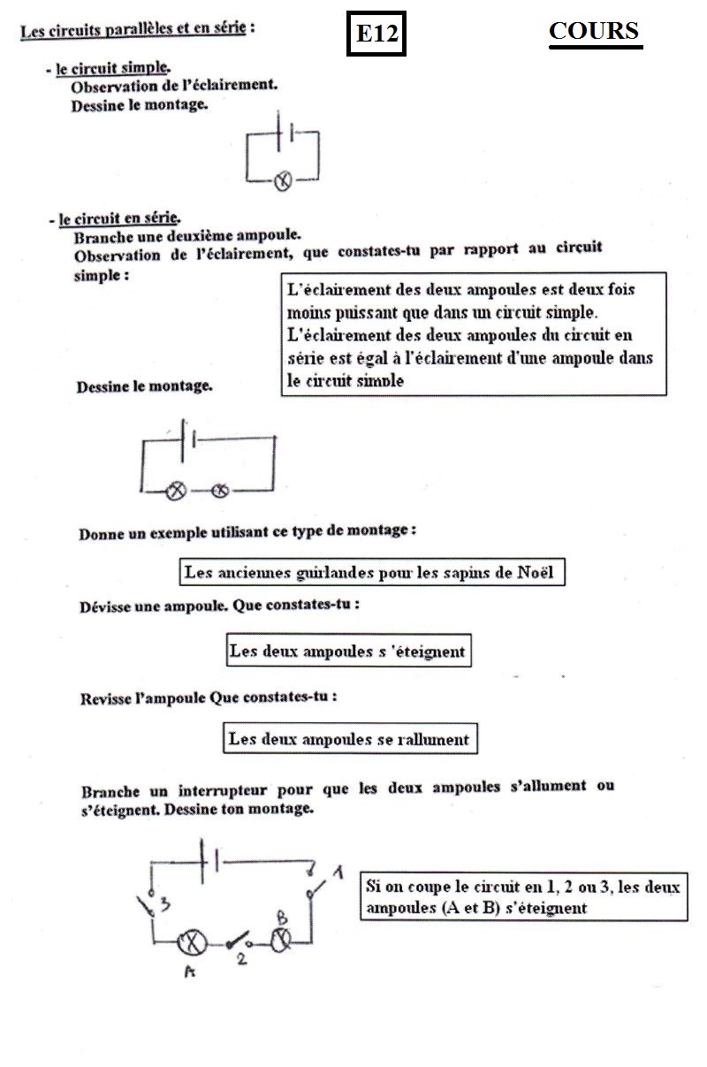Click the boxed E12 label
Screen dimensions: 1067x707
376,34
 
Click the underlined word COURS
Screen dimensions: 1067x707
594,31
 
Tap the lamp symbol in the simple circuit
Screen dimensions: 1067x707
282,182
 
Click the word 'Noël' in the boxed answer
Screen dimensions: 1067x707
533,572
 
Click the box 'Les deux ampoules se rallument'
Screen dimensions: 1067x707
349,738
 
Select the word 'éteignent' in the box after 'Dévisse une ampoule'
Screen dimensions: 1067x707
429,652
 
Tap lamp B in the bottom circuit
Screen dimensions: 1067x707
280,940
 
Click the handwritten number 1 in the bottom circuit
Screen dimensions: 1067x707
337,873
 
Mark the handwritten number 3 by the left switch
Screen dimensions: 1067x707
164,903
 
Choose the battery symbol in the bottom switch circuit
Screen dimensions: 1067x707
211,860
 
